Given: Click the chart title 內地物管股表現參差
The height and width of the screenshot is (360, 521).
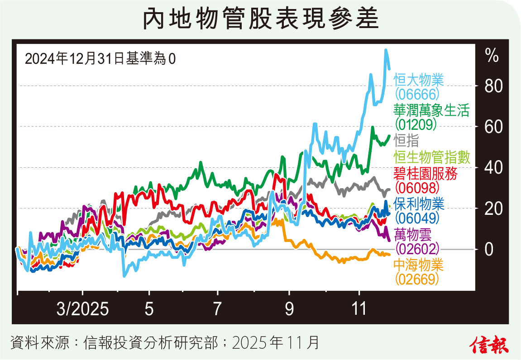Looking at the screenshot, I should pyautogui.click(x=260, y=19).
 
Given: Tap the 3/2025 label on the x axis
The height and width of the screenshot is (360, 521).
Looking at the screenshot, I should pyautogui.click(x=82, y=310).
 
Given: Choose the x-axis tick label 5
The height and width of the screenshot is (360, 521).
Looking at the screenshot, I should pyautogui.click(x=149, y=310).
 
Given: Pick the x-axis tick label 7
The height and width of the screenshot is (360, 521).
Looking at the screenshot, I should pyautogui.click(x=218, y=310).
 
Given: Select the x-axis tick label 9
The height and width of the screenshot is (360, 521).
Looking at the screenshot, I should pyautogui.click(x=289, y=310).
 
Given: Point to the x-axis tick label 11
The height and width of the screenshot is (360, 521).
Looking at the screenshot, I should pyautogui.click(x=359, y=310).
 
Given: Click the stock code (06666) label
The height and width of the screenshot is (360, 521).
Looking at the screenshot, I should pyautogui.click(x=417, y=94).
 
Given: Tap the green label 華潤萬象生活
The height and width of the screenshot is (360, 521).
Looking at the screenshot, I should pyautogui.click(x=431, y=110).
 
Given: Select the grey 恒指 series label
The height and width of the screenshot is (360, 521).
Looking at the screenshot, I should pyautogui.click(x=406, y=140).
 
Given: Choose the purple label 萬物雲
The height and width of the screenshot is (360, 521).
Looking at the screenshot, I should pyautogui.click(x=412, y=234).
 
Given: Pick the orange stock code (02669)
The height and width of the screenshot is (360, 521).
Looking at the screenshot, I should pyautogui.click(x=417, y=280).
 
